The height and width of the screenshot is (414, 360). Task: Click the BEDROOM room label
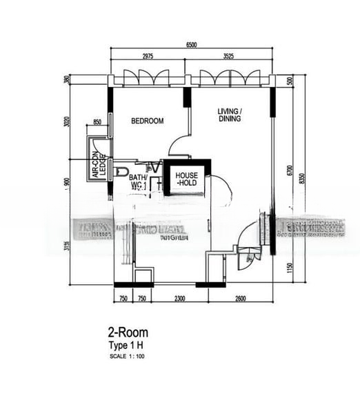pos(148,121)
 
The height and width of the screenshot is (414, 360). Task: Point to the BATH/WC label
pos(139,181)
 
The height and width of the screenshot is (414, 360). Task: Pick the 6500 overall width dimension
pos(191,45)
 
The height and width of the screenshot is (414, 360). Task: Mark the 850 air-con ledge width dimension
pos(97,123)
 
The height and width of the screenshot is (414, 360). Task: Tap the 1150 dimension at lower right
pos(290,268)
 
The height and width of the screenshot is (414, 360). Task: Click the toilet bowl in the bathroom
pos(121,170)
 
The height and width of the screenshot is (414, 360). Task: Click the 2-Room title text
pos(127,333)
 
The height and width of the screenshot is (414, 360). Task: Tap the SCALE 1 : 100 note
pos(128,356)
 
